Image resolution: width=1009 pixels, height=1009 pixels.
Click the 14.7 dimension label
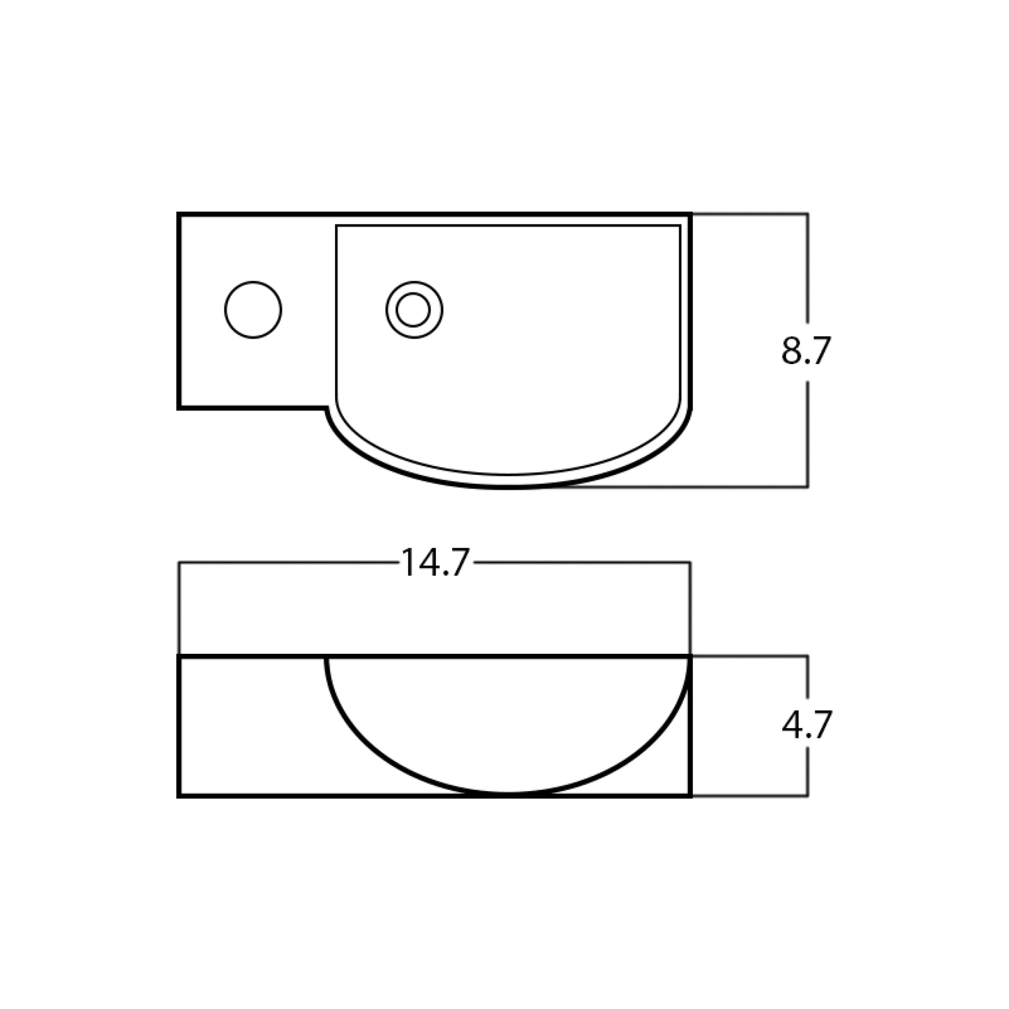coord(435,563)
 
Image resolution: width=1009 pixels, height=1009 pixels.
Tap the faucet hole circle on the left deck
coord(254,310)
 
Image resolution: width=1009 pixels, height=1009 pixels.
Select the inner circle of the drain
coord(413,310)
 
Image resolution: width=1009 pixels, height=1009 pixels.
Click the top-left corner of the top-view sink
coord(179,214)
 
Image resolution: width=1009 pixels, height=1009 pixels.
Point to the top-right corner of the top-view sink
coord(691,214)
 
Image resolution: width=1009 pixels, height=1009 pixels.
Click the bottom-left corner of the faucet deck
coord(179,408)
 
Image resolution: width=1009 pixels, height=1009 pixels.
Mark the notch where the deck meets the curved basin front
coord(328,408)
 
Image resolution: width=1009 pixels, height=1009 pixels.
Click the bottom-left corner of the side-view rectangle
coord(179,796)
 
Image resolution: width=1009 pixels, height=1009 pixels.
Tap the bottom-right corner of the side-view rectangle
coord(691,796)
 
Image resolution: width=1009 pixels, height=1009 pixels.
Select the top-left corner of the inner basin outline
coord(337,226)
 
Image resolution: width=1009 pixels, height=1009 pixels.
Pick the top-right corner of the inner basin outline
coord(680,226)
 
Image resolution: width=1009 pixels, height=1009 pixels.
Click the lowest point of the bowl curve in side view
coord(508,794)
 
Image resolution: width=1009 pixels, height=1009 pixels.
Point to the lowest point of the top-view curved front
coord(508,487)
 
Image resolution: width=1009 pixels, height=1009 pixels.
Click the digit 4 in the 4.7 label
coord(792,725)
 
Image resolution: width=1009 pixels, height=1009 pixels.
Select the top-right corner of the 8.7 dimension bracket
coord(808,214)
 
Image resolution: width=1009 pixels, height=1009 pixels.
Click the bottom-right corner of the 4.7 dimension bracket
coord(808,796)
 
